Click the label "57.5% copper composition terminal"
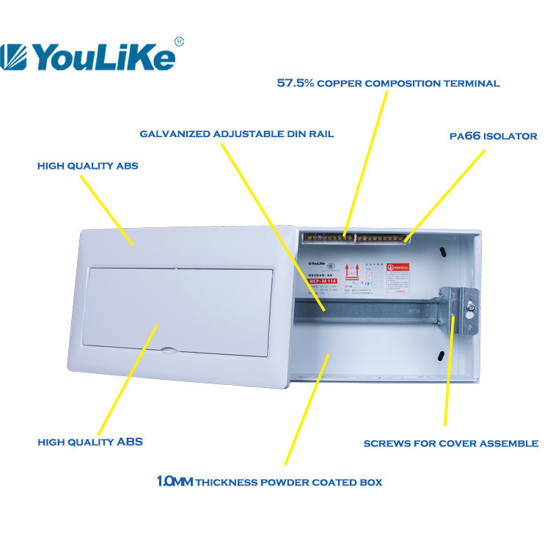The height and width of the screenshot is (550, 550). point(388,84)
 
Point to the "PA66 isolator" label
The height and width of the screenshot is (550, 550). point(493,136)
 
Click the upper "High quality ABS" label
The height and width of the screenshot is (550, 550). point(87,166)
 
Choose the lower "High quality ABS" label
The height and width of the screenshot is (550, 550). point(89,442)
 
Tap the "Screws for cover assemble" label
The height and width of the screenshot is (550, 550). point(451,444)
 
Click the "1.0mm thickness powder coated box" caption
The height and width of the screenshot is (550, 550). point(269,482)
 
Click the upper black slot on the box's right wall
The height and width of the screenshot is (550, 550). point(444,253)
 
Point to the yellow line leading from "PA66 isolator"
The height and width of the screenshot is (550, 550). point(445,193)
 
